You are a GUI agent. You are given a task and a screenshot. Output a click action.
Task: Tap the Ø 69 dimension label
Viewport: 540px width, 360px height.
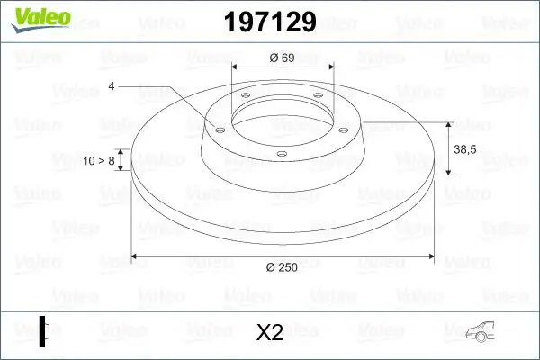pyautogui.click(x=283, y=58)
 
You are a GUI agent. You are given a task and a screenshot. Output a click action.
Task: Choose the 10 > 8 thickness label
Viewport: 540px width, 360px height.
pyautogui.click(x=98, y=160)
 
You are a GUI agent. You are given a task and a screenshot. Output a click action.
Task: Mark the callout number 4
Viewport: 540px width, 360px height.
pyautogui.click(x=111, y=86)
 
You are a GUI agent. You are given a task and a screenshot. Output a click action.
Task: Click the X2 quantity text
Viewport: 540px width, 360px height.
pyautogui.click(x=269, y=332)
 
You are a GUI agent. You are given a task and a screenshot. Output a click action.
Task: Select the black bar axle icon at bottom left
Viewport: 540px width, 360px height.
pyautogui.click(x=43, y=329)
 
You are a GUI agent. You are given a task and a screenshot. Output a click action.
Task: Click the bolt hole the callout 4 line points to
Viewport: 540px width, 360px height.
pyautogui.click(x=218, y=130)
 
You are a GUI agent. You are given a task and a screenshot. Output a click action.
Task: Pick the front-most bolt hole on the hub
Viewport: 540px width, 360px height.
pyautogui.click(x=281, y=154)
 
